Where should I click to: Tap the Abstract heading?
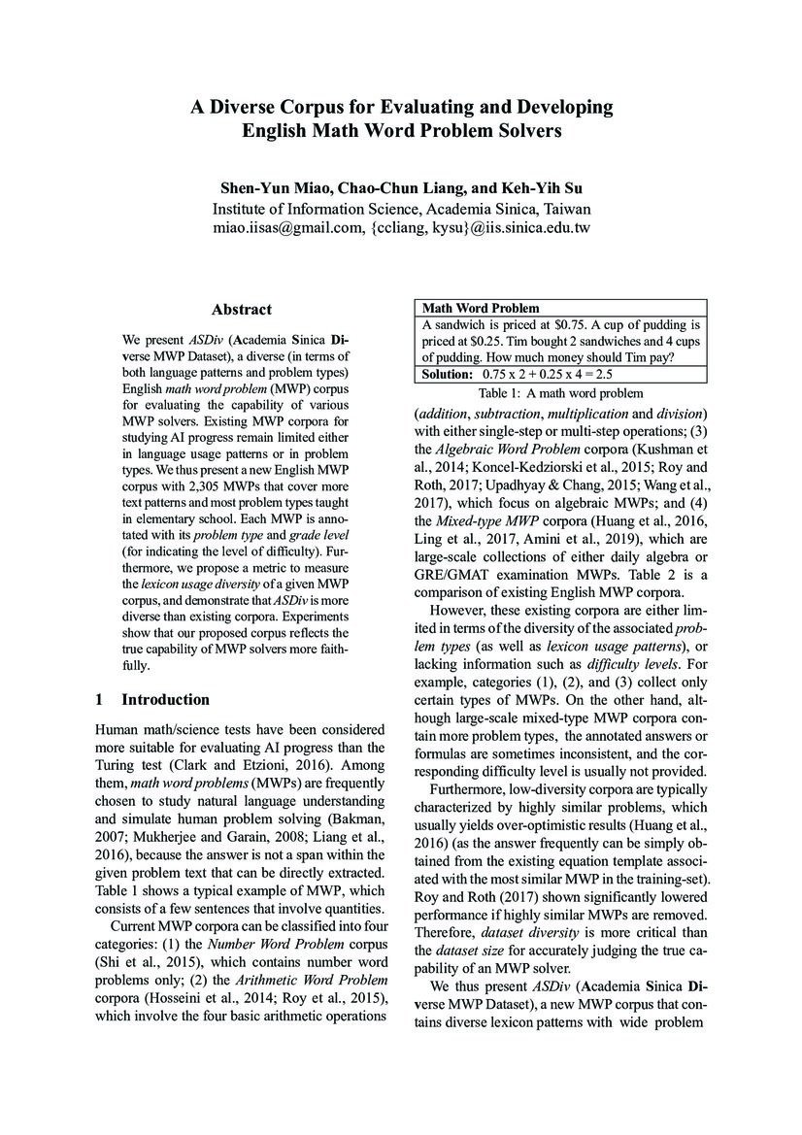click(x=242, y=310)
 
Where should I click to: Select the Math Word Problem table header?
click(x=467, y=308)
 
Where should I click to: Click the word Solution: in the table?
click(x=446, y=374)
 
